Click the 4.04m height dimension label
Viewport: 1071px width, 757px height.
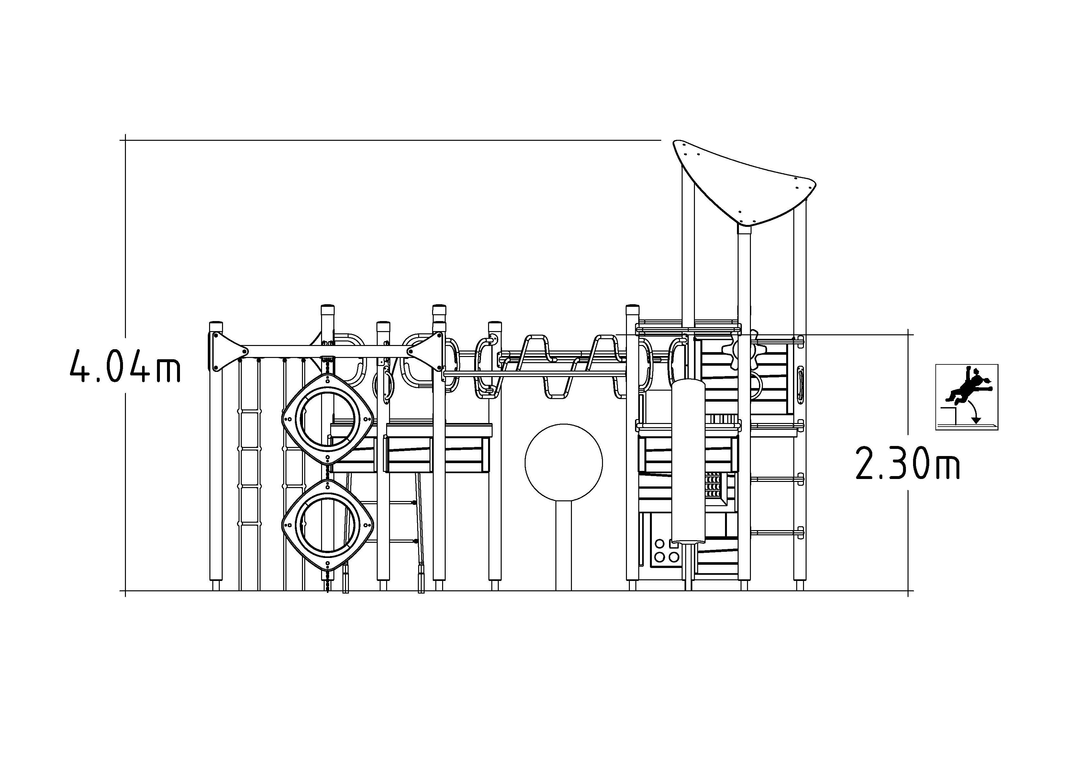pyautogui.click(x=125, y=366)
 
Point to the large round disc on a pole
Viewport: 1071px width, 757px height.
pyautogui.click(x=563, y=462)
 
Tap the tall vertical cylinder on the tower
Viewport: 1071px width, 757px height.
pyautogui.click(x=688, y=461)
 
